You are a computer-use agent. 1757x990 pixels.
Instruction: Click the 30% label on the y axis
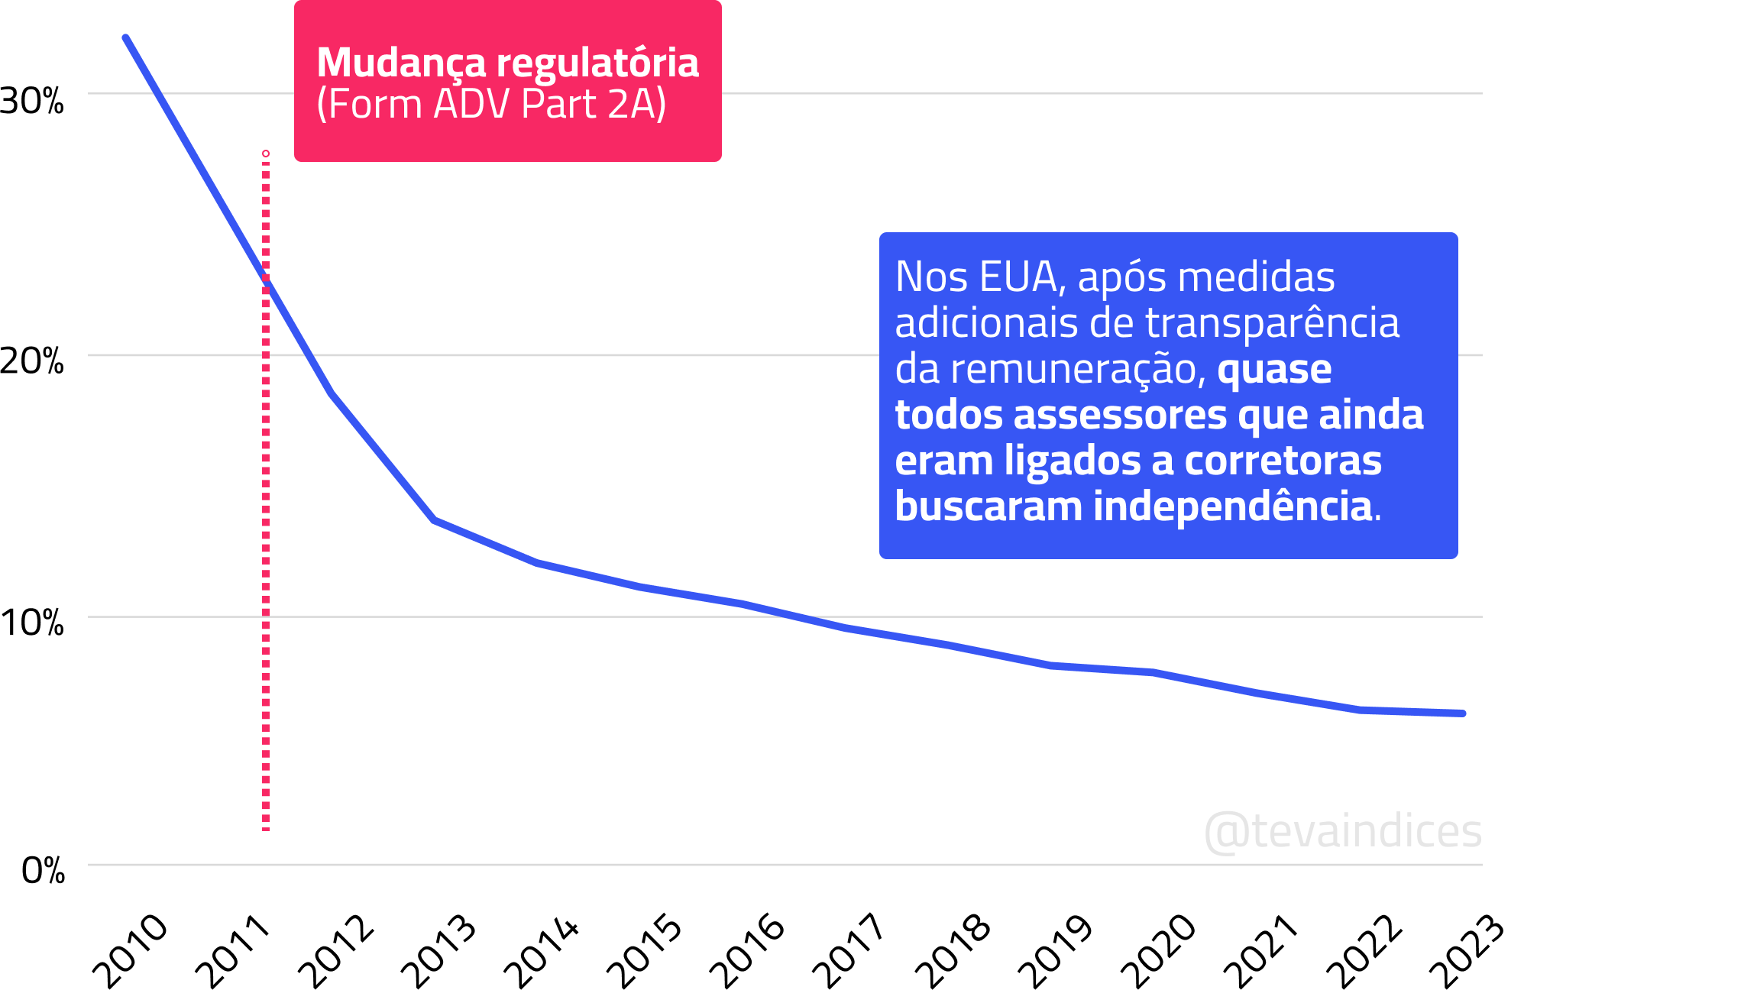tap(32, 101)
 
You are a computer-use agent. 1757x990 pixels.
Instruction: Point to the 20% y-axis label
tap(32, 361)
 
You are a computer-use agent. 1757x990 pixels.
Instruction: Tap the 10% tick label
tap(32, 623)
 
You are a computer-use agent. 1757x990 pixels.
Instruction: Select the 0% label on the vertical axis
tap(44, 871)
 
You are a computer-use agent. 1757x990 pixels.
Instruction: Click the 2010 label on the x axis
tap(129, 951)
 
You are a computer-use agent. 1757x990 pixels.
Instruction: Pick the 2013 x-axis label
tap(438, 951)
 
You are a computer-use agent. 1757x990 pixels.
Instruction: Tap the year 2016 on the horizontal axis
tap(746, 951)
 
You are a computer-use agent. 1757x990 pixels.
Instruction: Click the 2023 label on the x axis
tap(1466, 951)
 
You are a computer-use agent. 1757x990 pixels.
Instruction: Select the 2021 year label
tap(1260, 951)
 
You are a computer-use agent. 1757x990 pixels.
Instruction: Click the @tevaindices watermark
tap(1342, 831)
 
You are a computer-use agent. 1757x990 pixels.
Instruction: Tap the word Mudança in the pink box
tap(401, 63)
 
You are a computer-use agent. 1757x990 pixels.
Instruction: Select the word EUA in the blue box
tap(1018, 277)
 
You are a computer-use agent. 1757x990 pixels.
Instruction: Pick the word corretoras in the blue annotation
tap(1283, 461)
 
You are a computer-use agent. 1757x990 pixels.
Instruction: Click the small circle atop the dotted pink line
tap(266, 154)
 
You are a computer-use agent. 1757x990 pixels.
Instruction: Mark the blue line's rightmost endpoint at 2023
tap(1462, 713)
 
